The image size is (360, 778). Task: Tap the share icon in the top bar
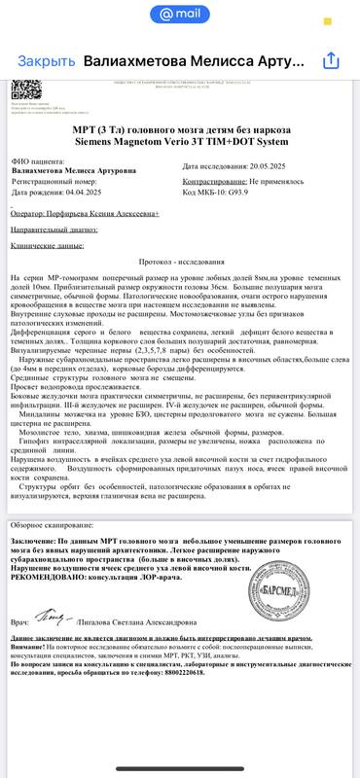click(330, 60)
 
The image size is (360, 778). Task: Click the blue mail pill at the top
click(179, 15)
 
